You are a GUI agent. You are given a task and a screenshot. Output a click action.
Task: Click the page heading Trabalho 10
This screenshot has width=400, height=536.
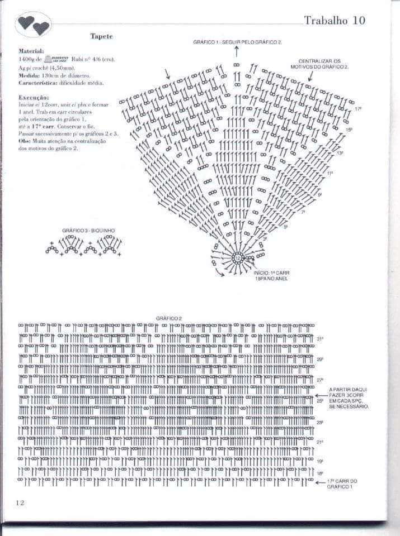[x=334, y=21]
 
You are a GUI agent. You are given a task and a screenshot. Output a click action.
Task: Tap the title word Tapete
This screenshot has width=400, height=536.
[x=102, y=36]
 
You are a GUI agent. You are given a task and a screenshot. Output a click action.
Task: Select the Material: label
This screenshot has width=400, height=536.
[x=31, y=50]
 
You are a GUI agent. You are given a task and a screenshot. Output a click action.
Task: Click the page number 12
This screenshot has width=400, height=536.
[x=20, y=502]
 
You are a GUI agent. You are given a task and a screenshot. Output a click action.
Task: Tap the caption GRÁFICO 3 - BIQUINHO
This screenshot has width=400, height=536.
[x=84, y=230]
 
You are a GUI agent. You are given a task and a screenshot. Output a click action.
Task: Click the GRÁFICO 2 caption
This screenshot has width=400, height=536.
[x=169, y=318]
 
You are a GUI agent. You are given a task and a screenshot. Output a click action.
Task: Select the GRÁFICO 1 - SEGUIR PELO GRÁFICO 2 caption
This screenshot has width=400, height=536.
[x=238, y=42]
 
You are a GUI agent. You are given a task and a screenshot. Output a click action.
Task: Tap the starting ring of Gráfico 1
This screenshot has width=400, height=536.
[x=237, y=258]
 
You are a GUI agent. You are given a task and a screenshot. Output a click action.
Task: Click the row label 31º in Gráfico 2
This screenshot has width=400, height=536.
[x=320, y=339]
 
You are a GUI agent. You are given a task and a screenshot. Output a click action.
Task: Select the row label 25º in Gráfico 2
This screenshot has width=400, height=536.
[x=320, y=400]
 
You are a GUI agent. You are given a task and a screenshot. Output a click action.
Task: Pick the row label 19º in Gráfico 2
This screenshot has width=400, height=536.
[x=320, y=462]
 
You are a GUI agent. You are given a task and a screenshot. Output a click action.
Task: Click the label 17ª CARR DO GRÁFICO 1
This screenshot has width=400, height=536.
[x=342, y=484]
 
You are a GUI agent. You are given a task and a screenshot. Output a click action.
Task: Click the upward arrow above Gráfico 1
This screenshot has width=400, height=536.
[x=237, y=51]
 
